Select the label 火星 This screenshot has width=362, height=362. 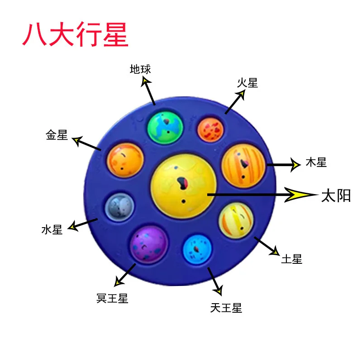[248, 83]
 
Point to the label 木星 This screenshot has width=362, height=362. [316, 162]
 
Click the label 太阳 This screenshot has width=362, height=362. [336, 195]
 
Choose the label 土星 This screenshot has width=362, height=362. [291, 259]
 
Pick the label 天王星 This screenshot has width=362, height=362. [226, 308]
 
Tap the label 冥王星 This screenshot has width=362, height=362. [113, 299]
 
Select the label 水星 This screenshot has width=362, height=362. [52, 230]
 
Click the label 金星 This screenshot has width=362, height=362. [57, 135]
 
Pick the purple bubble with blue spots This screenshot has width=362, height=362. [149, 244]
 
